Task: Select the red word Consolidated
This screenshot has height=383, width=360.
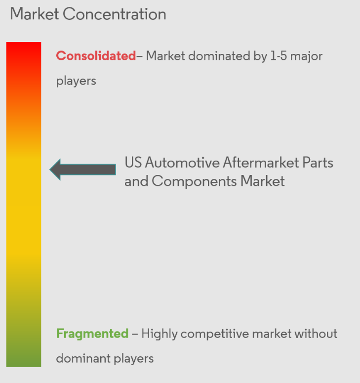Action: (96, 56)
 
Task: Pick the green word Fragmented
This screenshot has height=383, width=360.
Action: (92, 334)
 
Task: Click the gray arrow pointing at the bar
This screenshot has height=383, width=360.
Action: (82, 170)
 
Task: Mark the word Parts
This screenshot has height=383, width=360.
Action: (319, 163)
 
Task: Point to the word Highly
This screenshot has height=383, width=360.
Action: (159, 334)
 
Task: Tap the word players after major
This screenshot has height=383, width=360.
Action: (76, 81)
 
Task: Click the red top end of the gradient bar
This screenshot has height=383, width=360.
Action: (24, 49)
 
